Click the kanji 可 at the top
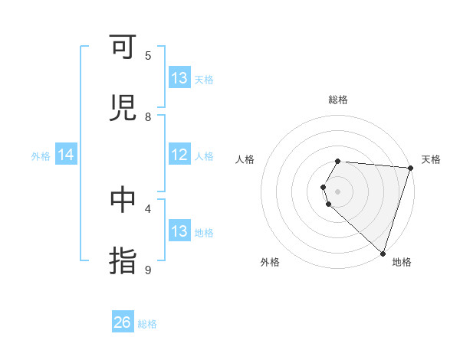pyautogui.click(x=123, y=49)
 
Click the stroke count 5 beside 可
pyautogui.click(x=148, y=55)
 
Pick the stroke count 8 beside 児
pyautogui.click(x=148, y=116)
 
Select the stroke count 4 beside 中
pyautogui.click(x=148, y=208)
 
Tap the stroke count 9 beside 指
pyautogui.click(x=148, y=270)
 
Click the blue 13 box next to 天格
pyautogui.click(x=179, y=78)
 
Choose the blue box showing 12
pyautogui.click(x=179, y=155)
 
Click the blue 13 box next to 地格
pyautogui.click(x=179, y=231)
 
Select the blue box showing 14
pyautogui.click(x=66, y=155)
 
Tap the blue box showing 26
pyautogui.click(x=123, y=322)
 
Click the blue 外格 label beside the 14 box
pyautogui.click(x=41, y=156)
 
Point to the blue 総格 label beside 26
pyautogui.click(x=147, y=324)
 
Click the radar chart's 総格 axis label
pyautogui.click(x=338, y=100)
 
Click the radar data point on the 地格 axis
pyautogui.click(x=383, y=253)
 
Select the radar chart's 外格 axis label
pyautogui.click(x=270, y=262)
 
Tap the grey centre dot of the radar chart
pyautogui.click(x=338, y=191)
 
